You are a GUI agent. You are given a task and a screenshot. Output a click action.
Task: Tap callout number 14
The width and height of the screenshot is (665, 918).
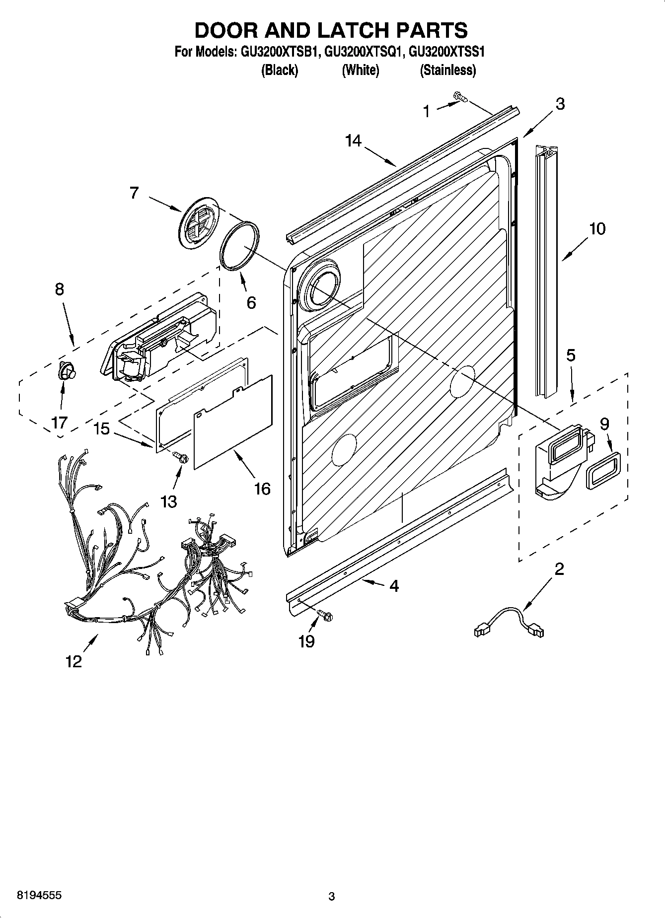pos(353,141)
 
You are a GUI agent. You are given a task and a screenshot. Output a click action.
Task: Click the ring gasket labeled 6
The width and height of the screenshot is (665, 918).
pos(239,245)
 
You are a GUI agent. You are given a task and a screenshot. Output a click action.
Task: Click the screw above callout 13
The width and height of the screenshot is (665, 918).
pos(181,457)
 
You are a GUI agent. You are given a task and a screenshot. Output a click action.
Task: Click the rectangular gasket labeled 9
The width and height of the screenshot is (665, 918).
pos(603,470)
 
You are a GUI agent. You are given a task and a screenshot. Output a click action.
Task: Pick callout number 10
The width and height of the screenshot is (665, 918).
pos(597,229)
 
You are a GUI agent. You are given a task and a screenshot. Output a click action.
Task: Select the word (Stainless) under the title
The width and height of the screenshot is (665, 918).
pos(448,71)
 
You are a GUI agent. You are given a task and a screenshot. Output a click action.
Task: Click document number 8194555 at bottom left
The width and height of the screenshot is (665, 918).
pos(39,895)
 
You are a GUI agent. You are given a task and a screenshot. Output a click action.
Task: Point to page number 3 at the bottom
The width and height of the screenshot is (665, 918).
pos(332,896)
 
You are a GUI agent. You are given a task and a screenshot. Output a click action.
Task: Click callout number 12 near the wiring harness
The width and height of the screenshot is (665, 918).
pos(74,661)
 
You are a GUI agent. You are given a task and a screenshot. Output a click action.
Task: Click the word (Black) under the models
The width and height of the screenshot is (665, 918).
pos(280,71)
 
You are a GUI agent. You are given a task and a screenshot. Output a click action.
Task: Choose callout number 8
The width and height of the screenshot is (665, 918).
pos(59,289)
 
